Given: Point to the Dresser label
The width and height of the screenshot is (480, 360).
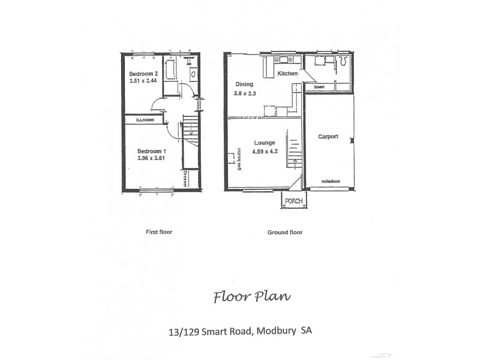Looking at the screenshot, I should [x=185, y=179].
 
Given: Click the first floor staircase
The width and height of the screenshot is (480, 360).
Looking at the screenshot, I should [x=190, y=128].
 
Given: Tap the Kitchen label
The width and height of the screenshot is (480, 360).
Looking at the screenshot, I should [x=287, y=73].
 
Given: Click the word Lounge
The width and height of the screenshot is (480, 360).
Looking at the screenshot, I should [x=264, y=143].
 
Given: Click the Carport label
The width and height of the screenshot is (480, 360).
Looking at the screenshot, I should [x=328, y=137].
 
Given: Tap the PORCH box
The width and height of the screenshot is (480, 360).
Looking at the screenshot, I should [x=293, y=200].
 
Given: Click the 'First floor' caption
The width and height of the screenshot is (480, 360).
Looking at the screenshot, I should [x=159, y=232].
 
